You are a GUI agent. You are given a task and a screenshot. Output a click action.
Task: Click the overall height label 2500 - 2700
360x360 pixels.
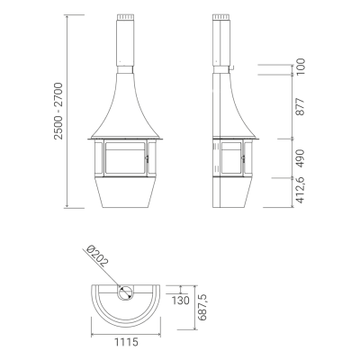(58, 111)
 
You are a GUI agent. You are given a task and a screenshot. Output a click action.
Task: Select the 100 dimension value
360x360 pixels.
(300, 67)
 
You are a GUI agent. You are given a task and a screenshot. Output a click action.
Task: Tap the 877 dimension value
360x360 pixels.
(300, 106)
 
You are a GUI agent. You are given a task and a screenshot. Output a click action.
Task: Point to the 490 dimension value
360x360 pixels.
(300, 158)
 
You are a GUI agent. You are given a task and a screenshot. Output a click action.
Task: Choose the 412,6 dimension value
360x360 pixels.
(300, 190)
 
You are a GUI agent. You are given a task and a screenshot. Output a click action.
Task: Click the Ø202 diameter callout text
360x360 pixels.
(96, 256)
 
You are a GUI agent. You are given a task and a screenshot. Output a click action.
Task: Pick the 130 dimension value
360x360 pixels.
(180, 301)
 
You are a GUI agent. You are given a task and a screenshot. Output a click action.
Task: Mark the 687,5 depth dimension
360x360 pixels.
(202, 308)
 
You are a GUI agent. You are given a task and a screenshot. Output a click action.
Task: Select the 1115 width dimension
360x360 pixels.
(126, 342)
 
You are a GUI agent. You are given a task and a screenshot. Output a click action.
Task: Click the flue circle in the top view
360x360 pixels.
(125, 292)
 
